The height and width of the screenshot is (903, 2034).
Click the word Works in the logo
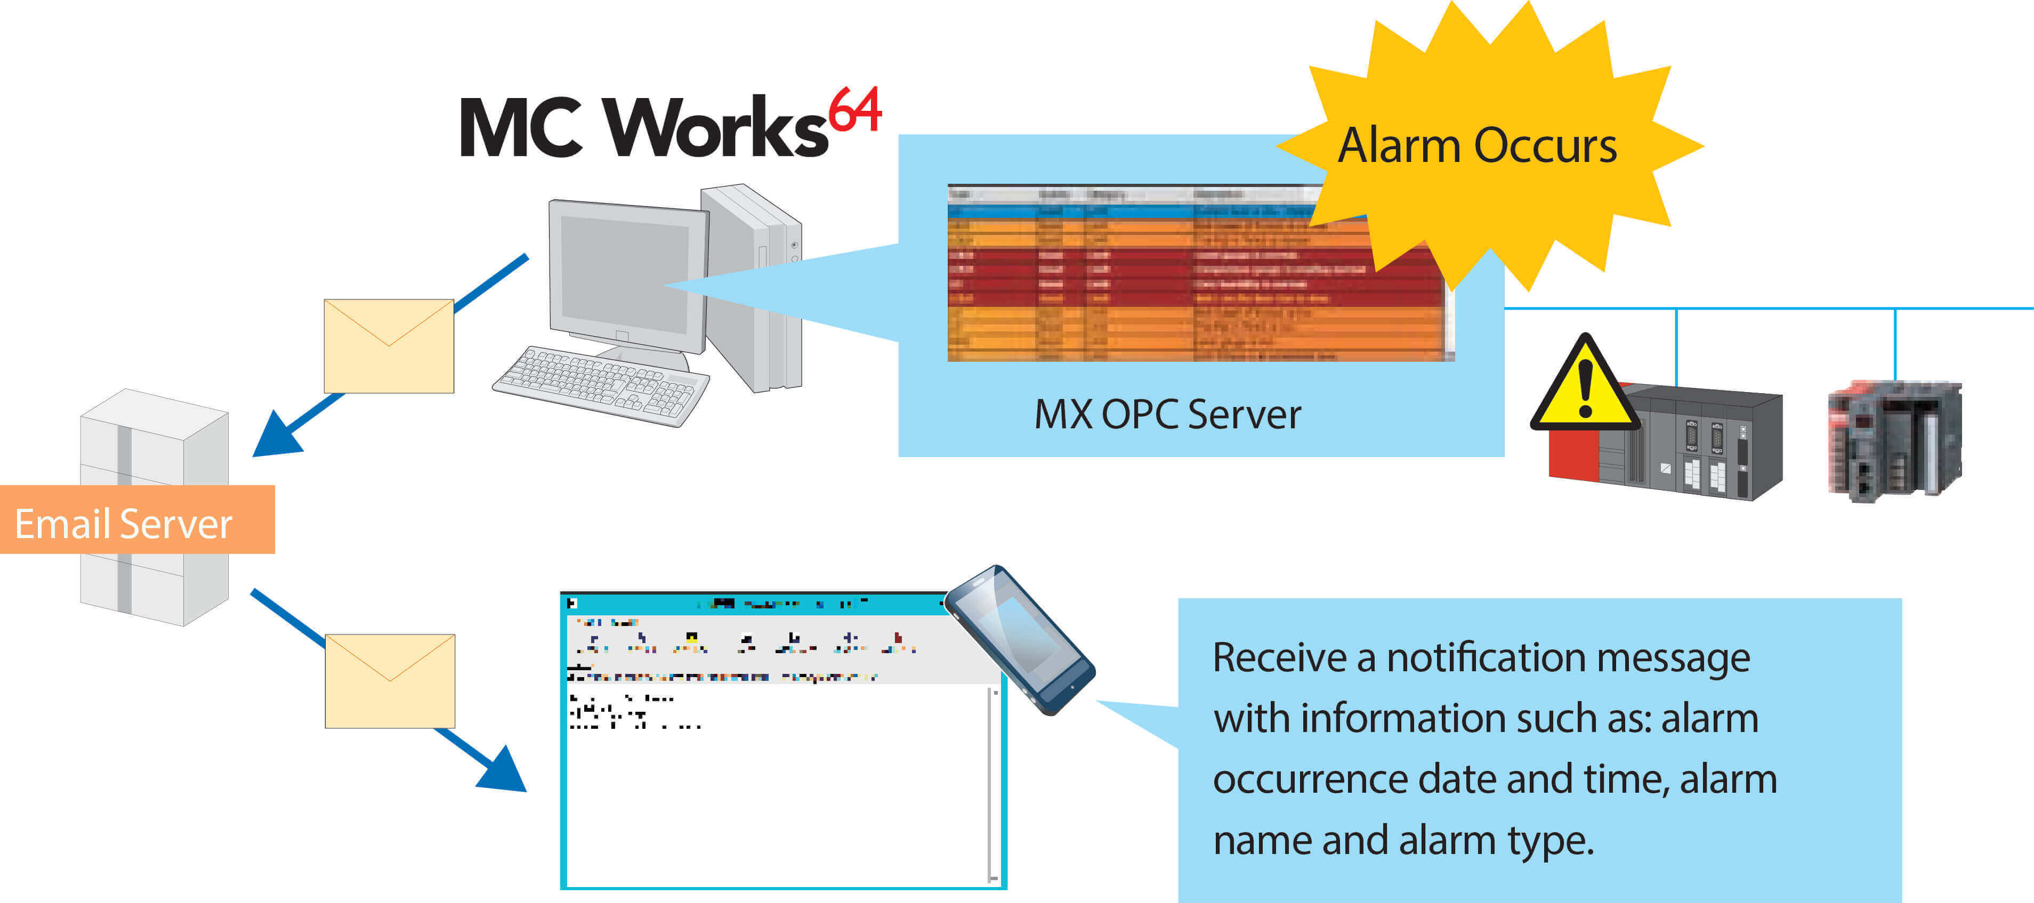715,128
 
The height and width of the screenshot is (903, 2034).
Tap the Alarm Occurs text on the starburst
1476,146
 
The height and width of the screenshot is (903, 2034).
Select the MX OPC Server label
1167,415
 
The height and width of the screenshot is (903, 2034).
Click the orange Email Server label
124,523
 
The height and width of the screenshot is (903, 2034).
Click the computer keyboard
600,387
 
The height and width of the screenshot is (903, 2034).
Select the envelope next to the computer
389,346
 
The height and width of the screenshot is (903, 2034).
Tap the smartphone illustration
1019,639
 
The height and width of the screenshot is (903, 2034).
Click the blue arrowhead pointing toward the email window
504,770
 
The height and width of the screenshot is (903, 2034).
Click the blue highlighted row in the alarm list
1129,211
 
